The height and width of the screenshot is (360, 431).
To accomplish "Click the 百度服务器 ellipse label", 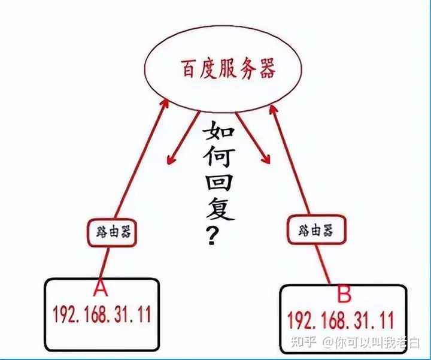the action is click(x=227, y=70).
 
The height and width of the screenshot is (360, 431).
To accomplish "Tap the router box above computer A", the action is click(x=113, y=230).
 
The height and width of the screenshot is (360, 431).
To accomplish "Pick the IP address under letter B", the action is click(x=340, y=319).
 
